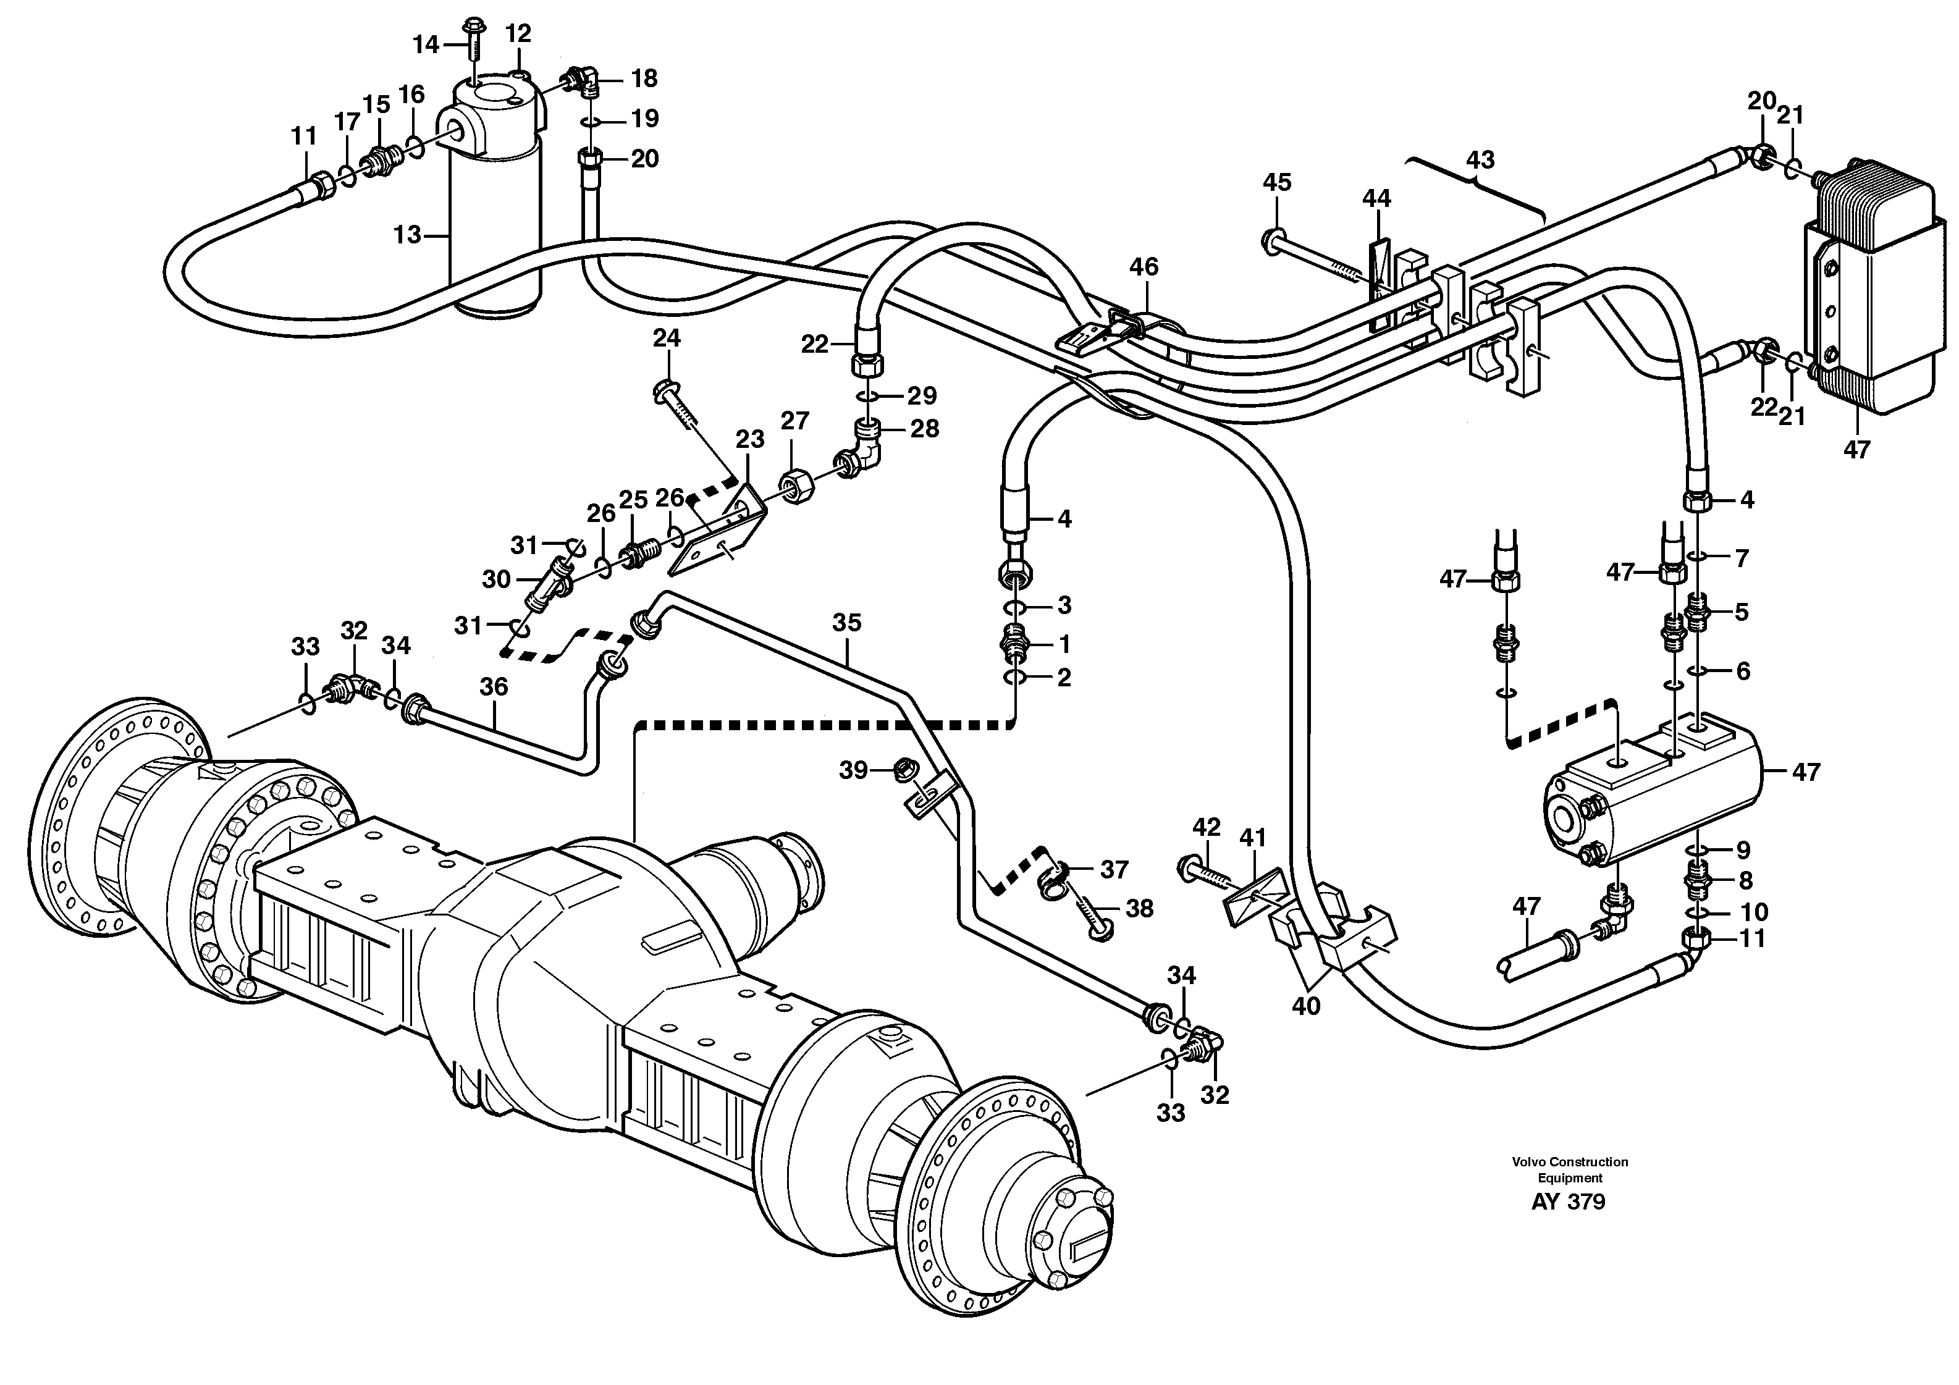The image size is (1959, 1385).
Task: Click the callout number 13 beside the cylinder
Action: (x=407, y=234)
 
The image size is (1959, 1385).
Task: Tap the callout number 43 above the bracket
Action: (x=1480, y=159)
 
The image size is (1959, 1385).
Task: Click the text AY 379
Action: (x=1568, y=1202)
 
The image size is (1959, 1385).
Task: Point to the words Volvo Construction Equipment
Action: (x=1570, y=1170)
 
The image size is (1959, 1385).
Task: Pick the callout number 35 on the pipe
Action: (x=846, y=623)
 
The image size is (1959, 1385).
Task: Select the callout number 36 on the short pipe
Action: (x=493, y=687)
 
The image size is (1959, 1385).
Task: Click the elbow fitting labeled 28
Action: (x=858, y=452)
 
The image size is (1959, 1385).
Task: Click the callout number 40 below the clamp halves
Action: (x=1305, y=1006)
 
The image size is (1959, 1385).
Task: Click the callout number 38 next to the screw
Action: (x=1139, y=909)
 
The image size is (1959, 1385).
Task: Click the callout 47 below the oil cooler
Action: (x=1856, y=450)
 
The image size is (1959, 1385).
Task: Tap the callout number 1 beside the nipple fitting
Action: (x=1063, y=644)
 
